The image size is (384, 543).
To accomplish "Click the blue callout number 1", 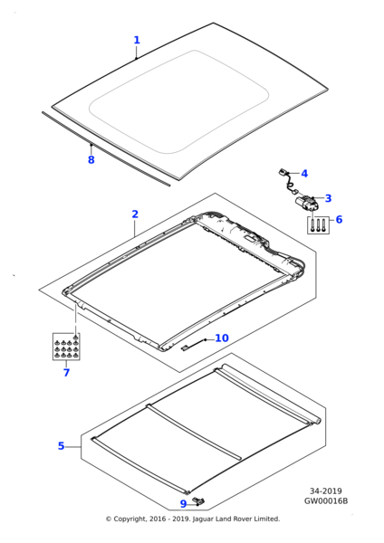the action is (137, 40).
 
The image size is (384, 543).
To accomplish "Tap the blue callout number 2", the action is (135, 214).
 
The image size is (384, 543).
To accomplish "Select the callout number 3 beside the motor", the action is (328, 198).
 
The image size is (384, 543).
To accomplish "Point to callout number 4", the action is (304, 173).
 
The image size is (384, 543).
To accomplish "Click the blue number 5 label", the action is (62, 445).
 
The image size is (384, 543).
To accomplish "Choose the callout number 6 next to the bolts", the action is (339, 219).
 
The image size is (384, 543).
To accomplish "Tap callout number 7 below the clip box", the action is (66, 373).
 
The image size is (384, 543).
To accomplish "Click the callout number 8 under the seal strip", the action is (91, 159).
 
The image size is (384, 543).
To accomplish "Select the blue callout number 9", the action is (183, 504).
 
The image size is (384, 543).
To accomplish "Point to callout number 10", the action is (222, 338).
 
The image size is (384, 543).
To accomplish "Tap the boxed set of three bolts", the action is (318, 225).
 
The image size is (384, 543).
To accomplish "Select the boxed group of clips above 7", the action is (66, 347).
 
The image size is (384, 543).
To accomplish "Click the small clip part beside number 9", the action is (199, 500).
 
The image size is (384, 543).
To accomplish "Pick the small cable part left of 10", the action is (191, 346).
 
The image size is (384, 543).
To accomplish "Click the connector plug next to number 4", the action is (283, 171).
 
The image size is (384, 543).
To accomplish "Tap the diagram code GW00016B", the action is (326, 500).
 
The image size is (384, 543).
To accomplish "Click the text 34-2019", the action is (326, 491).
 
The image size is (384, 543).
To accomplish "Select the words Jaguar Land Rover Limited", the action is (235, 519).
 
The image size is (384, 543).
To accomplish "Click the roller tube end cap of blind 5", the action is (318, 421).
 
